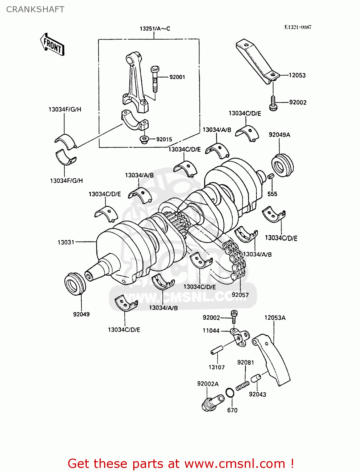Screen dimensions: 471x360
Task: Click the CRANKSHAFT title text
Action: tap(35, 9)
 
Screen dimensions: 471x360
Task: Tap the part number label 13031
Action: tap(66, 242)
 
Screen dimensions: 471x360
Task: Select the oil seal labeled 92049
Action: tap(75, 284)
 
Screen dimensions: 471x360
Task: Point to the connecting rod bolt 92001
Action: tap(155, 78)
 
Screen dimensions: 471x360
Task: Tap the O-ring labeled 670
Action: tap(230, 393)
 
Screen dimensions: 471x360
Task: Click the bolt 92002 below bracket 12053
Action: tap(273, 104)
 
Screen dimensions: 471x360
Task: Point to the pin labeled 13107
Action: tap(217, 350)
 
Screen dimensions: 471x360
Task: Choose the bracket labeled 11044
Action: tap(240, 338)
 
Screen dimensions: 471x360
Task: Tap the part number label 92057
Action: tap(240, 295)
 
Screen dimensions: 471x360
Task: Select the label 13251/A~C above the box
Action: tap(155, 29)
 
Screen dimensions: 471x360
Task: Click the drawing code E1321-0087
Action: tap(297, 27)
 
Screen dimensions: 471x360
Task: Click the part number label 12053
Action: tap(297, 75)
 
